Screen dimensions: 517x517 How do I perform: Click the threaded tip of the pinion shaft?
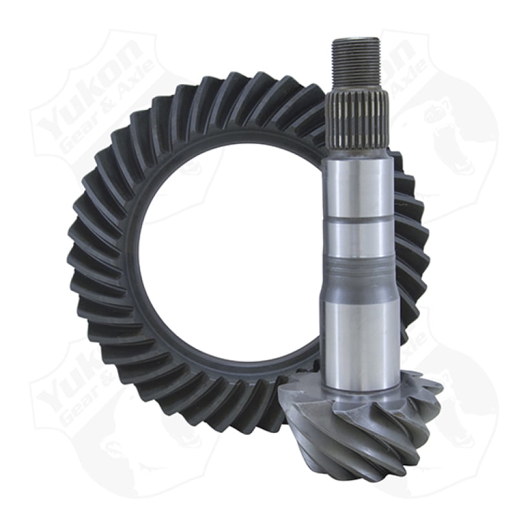point(355,62)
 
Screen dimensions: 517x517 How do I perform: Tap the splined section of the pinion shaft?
point(357,120)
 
